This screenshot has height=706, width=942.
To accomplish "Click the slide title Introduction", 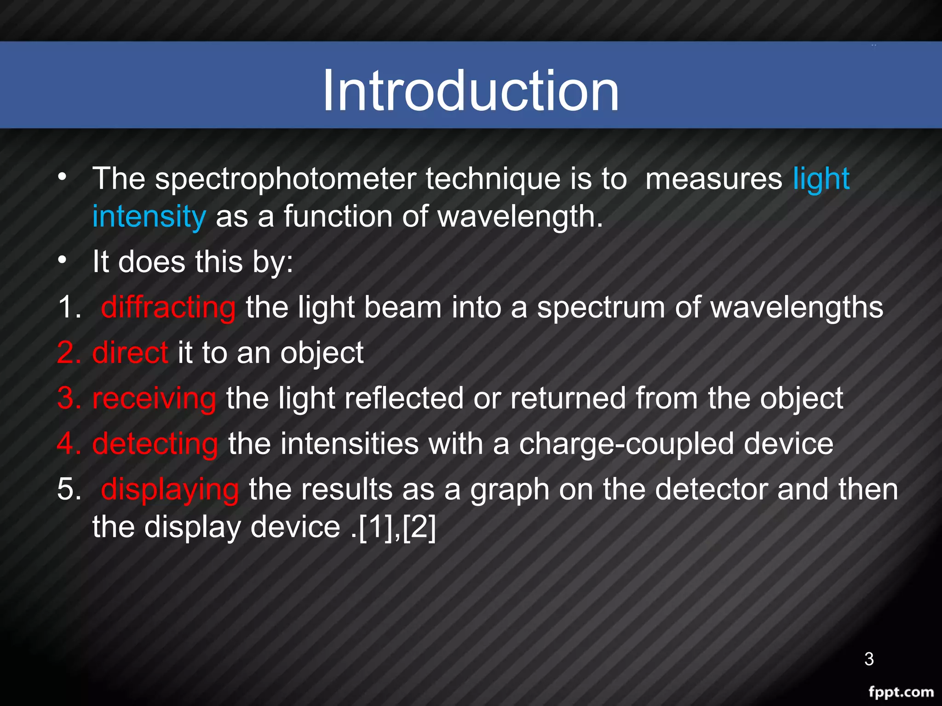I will (471, 90).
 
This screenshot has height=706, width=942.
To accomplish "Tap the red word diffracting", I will (168, 307).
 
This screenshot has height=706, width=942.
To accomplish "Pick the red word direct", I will (130, 353).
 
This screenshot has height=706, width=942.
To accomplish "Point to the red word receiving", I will (154, 398).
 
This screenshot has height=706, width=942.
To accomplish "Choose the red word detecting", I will (155, 444).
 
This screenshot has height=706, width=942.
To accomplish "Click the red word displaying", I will (170, 489).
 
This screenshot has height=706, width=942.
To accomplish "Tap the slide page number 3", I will (869, 659).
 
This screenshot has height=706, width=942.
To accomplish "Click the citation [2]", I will (419, 527).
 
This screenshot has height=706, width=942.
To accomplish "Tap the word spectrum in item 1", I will (601, 308).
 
